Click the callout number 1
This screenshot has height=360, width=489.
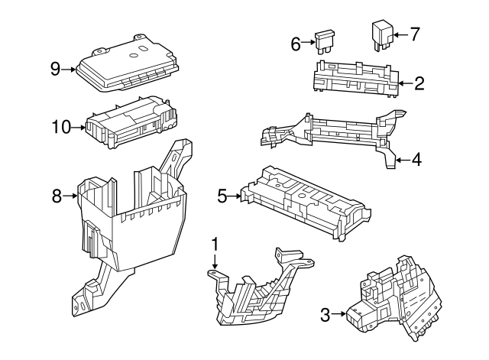click(x=215, y=245)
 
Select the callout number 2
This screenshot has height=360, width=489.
click(x=419, y=83)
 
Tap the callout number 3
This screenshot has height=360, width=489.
click(x=325, y=314)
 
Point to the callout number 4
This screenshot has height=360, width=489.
click(x=416, y=161)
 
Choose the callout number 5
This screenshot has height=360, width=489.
click(x=222, y=196)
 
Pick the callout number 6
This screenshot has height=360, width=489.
click(x=296, y=44)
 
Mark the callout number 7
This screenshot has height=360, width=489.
click(x=415, y=34)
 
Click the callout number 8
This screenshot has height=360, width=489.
click(x=57, y=196)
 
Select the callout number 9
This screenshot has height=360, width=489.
click(x=55, y=69)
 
